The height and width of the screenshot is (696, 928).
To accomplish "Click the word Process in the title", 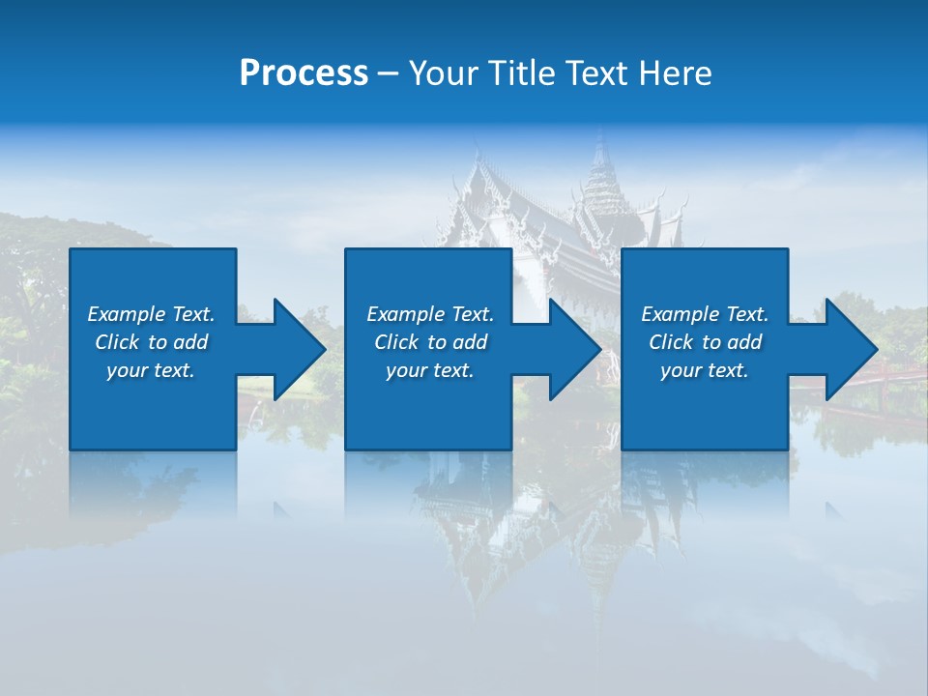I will [304, 73].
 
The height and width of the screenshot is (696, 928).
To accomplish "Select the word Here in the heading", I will [676, 73].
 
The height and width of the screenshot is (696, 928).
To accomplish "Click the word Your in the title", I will [444, 73].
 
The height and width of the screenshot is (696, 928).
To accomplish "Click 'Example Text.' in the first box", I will [151, 314].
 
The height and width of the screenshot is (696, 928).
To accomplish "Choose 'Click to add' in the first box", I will [151, 342].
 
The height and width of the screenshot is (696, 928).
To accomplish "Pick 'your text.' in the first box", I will [151, 370].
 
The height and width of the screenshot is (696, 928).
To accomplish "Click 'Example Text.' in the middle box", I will [430, 314].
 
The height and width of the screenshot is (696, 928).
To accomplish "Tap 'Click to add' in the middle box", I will [430, 342].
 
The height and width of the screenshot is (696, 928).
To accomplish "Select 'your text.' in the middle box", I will [430, 370].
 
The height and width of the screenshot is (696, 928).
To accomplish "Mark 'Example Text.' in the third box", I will [705, 314].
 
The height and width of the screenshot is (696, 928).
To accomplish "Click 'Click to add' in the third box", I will [705, 342].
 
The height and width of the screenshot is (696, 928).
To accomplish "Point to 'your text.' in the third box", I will [705, 370].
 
